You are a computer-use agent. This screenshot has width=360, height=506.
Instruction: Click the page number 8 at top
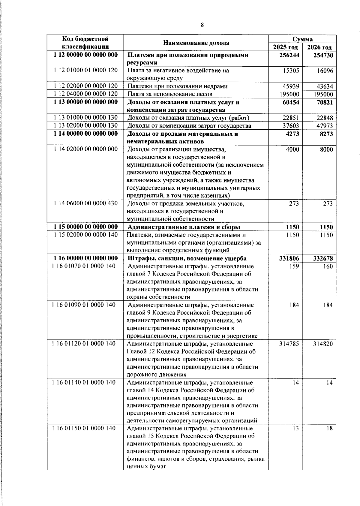point(202,25)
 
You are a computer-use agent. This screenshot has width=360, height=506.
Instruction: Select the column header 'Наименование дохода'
point(196,43)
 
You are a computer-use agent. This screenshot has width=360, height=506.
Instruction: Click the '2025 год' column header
point(285,47)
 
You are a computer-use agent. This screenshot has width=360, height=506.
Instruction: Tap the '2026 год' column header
point(319,47)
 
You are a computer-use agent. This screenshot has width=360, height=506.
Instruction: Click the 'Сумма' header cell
point(302,39)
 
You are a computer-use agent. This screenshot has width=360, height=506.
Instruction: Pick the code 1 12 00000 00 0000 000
point(85,55)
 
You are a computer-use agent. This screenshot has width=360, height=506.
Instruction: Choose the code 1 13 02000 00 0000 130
point(85,125)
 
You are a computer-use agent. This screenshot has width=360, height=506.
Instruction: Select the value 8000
point(326,149)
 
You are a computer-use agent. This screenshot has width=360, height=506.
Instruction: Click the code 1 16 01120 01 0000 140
point(84,344)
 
